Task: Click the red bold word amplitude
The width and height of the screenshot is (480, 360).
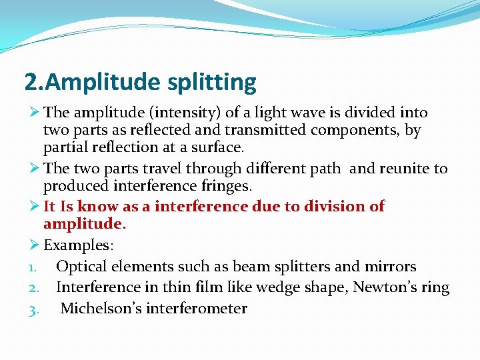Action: [83, 223]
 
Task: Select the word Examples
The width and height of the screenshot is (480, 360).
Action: [78, 245]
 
